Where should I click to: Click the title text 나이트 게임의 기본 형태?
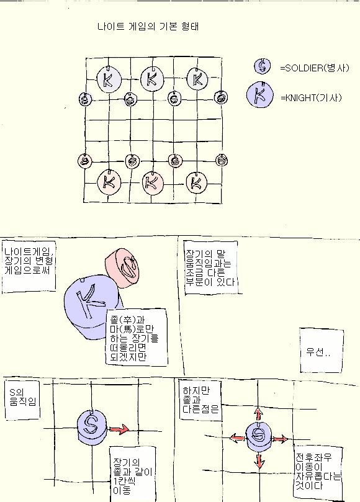[148, 26]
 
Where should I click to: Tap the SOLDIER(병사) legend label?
[315, 68]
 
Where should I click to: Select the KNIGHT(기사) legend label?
[311, 97]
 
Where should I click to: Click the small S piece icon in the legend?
[263, 66]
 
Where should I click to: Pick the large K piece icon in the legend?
[260, 95]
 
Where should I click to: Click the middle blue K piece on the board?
[152, 78]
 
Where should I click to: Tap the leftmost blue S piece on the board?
[85, 99]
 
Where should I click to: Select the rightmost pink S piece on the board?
[222, 159]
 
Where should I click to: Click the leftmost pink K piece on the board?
[109, 182]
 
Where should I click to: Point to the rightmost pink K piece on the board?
[196, 183]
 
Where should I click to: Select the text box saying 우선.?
[322, 351]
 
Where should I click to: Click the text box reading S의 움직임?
[22, 399]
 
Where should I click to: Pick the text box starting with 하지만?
[200, 400]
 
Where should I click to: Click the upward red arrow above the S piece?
[258, 413]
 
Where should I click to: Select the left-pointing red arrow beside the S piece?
[237, 437]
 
